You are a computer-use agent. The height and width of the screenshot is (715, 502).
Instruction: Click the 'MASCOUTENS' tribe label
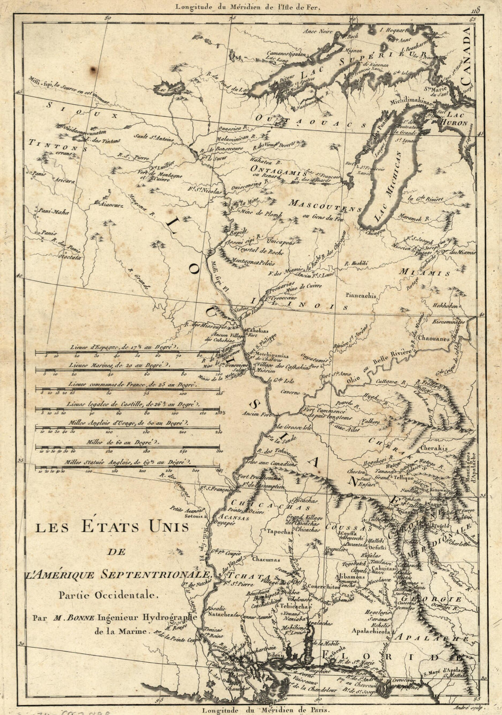(x=319, y=206)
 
